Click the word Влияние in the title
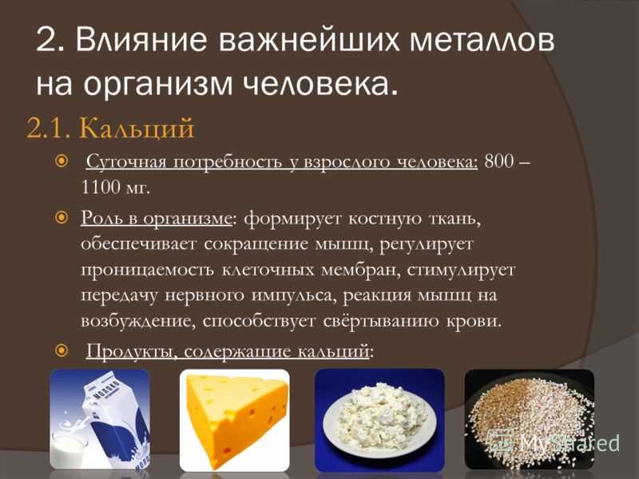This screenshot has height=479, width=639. [x=141, y=40]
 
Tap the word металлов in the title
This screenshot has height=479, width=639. [x=482, y=40]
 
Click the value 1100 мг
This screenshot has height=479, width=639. [x=116, y=188]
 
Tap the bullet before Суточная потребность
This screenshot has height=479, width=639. [x=62, y=161]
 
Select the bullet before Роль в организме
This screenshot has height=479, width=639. [x=62, y=217]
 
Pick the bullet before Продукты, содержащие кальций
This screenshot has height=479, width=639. [x=62, y=350]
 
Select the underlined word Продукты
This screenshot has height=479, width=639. [x=130, y=351]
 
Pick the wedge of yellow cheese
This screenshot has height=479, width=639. [x=237, y=421]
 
